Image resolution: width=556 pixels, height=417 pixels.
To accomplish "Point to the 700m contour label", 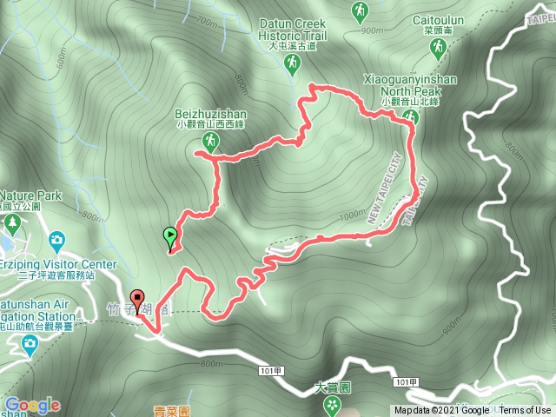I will (x=207, y=20).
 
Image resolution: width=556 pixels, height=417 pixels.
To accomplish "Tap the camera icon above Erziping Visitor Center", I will (x=56, y=238).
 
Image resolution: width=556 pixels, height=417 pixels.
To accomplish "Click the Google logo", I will (x=31, y=405).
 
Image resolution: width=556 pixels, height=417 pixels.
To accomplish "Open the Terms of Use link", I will (x=525, y=411).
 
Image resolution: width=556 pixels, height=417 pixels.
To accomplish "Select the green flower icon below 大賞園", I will (x=330, y=404).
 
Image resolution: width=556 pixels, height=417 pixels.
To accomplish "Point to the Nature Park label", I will (x=31, y=195).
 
